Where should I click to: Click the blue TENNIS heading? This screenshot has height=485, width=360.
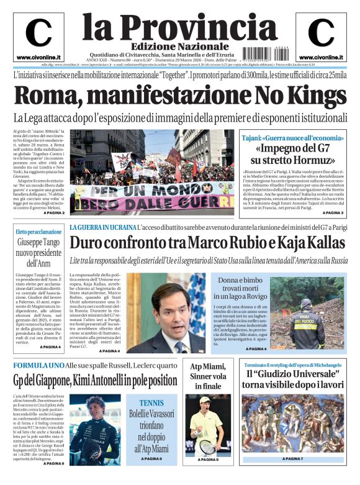[151, 402]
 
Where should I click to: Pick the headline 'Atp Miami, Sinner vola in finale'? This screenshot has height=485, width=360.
[208, 375]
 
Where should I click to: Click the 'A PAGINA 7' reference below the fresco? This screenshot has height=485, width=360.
[292, 458]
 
